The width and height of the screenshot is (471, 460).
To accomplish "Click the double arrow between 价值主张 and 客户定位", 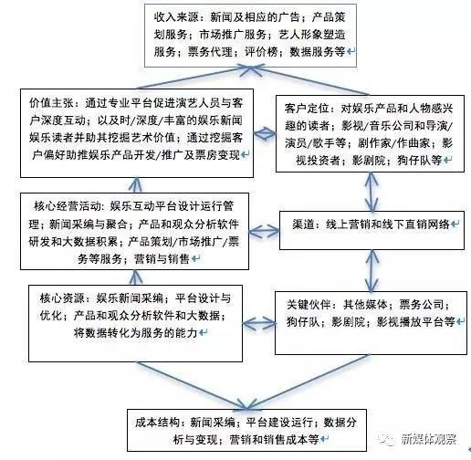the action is pos(265,133).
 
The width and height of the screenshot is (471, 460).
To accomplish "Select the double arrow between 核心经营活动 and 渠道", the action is pos(264,231).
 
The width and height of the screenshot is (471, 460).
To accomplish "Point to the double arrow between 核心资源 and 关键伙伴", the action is pos(258,324).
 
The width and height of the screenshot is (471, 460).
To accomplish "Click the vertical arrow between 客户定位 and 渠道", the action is pos(372,192).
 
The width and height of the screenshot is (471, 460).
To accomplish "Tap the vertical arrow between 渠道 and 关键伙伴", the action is pos(372,271).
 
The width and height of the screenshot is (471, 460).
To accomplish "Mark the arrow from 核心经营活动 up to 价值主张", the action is pos(136,185).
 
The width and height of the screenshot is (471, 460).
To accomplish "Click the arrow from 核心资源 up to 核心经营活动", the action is pos(136,277).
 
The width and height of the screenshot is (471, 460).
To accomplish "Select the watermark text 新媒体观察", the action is pos(429,439).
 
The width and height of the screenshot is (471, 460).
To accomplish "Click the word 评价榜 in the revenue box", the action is pos(261,52).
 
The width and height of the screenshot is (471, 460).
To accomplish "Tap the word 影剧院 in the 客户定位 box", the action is pos(369,160).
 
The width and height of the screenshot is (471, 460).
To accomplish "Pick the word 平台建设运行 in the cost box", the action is pos(279,423).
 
